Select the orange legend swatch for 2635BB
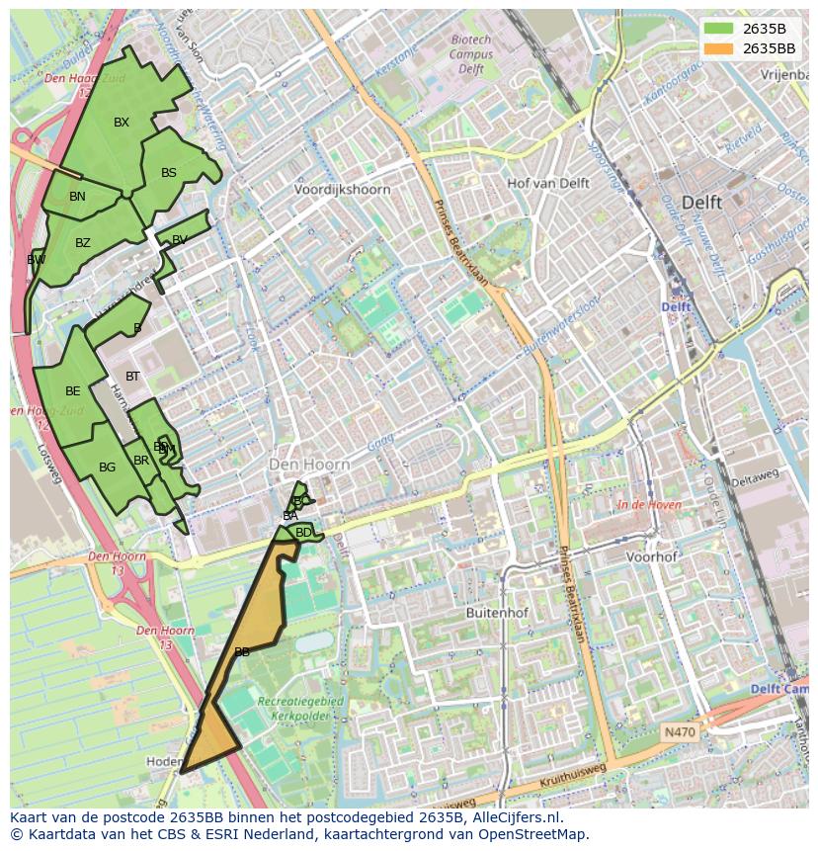[x=718, y=48]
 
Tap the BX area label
[x=122, y=123]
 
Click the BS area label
[x=169, y=173]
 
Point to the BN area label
[x=77, y=197]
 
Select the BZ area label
[x=83, y=243]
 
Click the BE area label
[x=73, y=391]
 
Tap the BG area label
[x=108, y=468]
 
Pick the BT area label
[x=132, y=377]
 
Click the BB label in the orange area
[x=241, y=652]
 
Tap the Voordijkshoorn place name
[x=343, y=189]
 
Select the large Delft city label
[x=701, y=202]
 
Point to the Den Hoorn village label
[x=310, y=464]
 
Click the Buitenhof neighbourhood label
[x=497, y=613]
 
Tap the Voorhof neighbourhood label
[x=652, y=556]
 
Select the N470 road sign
[x=680, y=732]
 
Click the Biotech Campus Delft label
[x=471, y=54]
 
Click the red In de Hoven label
[x=649, y=505]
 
